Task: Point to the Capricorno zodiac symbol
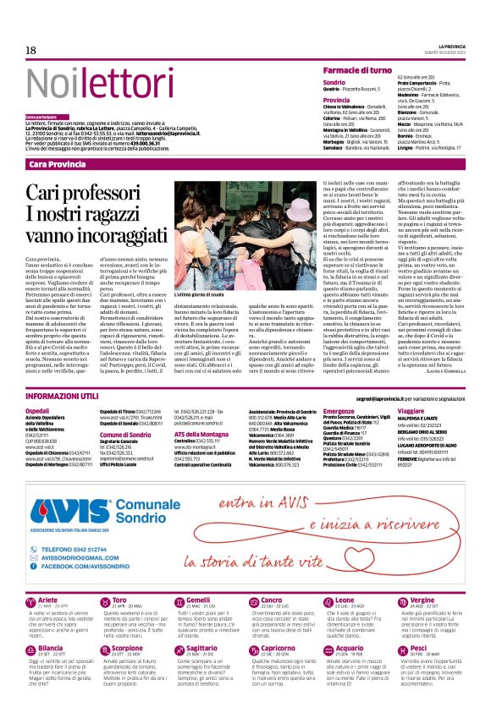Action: [x=251, y=649]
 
